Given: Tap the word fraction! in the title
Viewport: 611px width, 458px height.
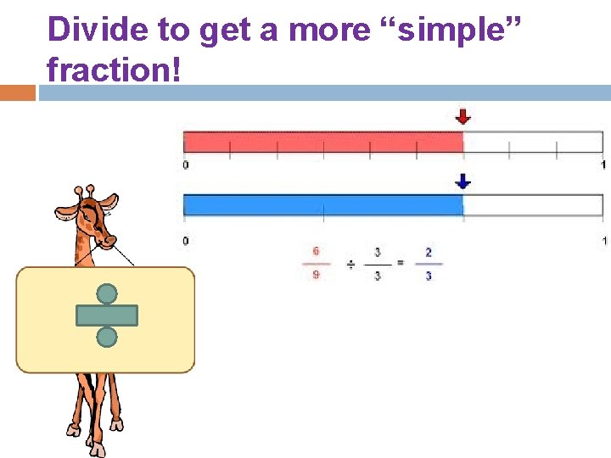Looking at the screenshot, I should point(115,69).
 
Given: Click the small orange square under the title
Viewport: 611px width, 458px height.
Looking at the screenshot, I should point(17,92).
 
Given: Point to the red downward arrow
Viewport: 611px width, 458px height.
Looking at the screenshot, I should point(462,117).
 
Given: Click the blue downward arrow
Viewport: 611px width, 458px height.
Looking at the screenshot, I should point(462,181).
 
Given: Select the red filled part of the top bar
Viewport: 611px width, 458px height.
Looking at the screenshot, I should point(322,142).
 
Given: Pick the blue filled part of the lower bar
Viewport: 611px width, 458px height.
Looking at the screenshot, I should point(322,204).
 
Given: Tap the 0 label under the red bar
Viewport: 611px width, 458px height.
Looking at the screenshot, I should point(186,165).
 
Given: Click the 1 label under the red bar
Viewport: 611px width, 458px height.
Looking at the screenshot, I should point(602,165).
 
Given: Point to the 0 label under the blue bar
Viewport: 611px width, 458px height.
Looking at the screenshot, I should point(186,242).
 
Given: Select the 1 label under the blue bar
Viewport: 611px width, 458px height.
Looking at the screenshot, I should point(602,242).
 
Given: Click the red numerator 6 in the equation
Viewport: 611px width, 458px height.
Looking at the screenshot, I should point(316,252).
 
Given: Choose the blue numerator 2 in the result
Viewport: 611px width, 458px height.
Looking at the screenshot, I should point(428,252).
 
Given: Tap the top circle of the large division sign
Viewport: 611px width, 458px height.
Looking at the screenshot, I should point(106,294).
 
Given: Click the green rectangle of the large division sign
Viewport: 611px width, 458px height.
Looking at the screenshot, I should point(106,316).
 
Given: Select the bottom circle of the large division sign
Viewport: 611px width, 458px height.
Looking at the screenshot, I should point(106,337).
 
